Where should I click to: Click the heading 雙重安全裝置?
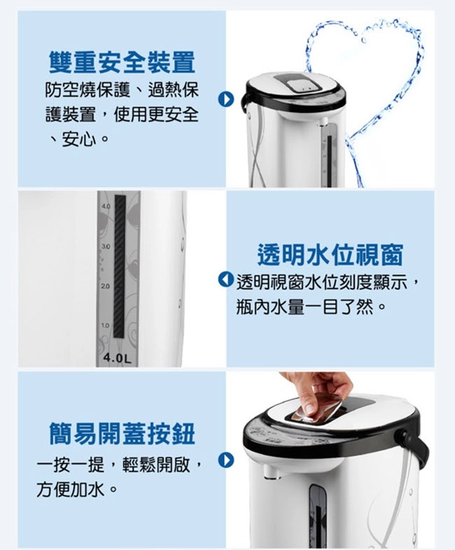point(122,62)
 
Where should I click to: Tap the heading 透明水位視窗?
point(330,254)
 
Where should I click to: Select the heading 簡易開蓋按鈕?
point(122,434)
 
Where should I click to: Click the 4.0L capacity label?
point(117,358)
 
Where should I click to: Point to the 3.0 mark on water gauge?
point(105,246)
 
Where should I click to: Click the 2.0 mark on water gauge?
point(105,286)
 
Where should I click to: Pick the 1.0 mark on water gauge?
point(105,325)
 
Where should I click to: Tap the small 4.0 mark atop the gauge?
point(106,206)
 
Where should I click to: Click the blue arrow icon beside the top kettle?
point(225,99)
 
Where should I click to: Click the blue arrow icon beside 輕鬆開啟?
point(226,460)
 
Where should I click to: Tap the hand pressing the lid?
point(318,392)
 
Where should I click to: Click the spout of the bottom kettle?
point(271,471)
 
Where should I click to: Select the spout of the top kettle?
point(323,121)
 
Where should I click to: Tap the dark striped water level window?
point(120,267)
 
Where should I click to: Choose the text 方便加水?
point(71,490)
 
